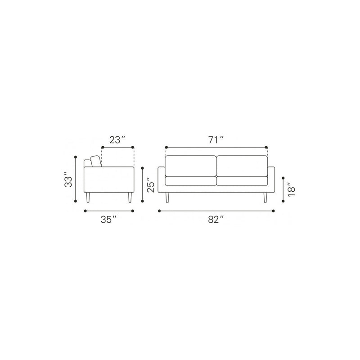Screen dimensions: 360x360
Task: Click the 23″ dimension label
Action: point(117,140)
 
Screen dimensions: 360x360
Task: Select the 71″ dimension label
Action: point(216,140)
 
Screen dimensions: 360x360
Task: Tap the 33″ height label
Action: point(68,179)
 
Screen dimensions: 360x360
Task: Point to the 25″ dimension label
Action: point(151,184)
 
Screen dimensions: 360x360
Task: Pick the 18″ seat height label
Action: point(292,189)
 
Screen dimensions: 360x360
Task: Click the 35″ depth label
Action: point(108,220)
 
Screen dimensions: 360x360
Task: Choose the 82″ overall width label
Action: point(216,220)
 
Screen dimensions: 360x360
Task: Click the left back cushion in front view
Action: point(190,166)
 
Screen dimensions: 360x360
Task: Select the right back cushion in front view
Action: point(242,166)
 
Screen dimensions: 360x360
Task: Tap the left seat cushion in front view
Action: point(190,181)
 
